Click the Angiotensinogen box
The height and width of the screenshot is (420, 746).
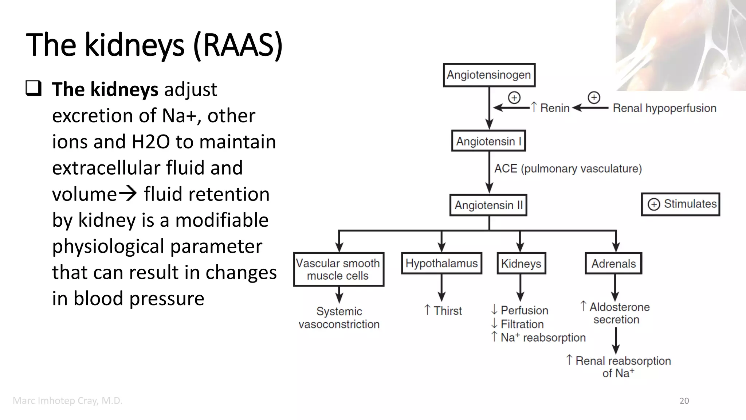[489, 75]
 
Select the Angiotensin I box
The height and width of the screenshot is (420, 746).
[488, 141]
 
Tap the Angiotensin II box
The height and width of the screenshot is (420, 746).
[488, 205]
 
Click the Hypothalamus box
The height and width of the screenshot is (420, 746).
[441, 263]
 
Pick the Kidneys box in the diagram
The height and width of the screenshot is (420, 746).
[521, 263]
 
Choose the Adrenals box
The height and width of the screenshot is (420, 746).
[613, 263]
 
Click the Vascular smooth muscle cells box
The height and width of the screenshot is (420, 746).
[338, 269]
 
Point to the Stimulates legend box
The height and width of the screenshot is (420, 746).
[680, 204]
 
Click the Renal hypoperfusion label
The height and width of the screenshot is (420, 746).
[664, 108]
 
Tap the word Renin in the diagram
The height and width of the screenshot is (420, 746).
[554, 108]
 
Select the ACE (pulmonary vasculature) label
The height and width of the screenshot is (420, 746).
[568, 169]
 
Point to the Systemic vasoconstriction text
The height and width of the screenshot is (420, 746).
[339, 318]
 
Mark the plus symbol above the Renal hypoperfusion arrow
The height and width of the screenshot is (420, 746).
[594, 97]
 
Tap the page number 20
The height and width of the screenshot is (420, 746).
[684, 401]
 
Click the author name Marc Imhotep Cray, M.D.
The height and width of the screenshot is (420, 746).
[67, 401]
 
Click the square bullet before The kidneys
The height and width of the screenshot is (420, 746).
[34, 89]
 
